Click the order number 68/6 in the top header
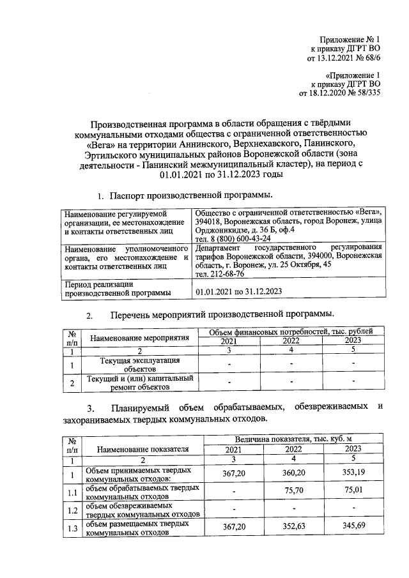tap(370, 58)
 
